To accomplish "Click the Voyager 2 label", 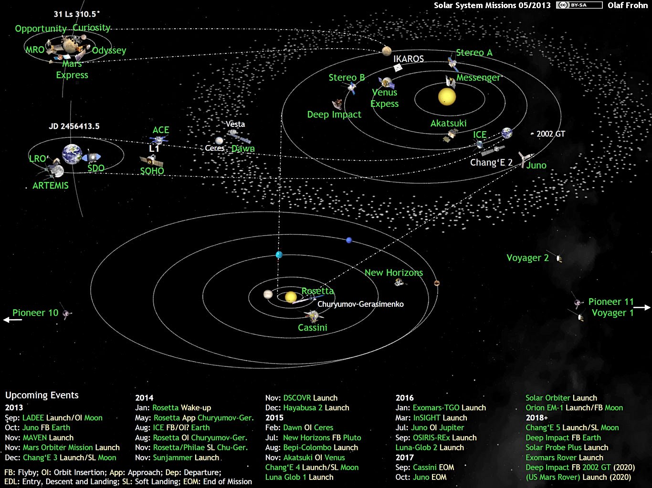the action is point(527,258).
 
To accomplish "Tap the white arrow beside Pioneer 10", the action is point(12,320).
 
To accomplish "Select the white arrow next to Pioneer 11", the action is point(642,308).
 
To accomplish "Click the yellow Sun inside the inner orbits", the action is point(447,96).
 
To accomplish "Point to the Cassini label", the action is point(313,328).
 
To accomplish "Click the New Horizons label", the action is point(394,272).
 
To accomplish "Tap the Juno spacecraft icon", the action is point(525,158).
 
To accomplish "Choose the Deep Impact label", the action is point(334,114).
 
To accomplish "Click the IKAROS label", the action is point(409,59).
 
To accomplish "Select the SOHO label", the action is point(152,171).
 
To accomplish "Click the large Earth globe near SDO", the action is point(72,154).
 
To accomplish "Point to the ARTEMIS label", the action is point(51,186).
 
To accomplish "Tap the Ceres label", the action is point(214,148).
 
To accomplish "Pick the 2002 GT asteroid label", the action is point(551,134).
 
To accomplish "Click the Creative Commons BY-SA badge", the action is point(579,5).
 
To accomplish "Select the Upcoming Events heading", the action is point(42,395).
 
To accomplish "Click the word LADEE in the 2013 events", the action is point(33,418).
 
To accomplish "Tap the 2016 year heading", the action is point(405,398).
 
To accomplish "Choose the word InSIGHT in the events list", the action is point(427,418).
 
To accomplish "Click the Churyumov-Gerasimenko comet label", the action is point(361,304).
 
